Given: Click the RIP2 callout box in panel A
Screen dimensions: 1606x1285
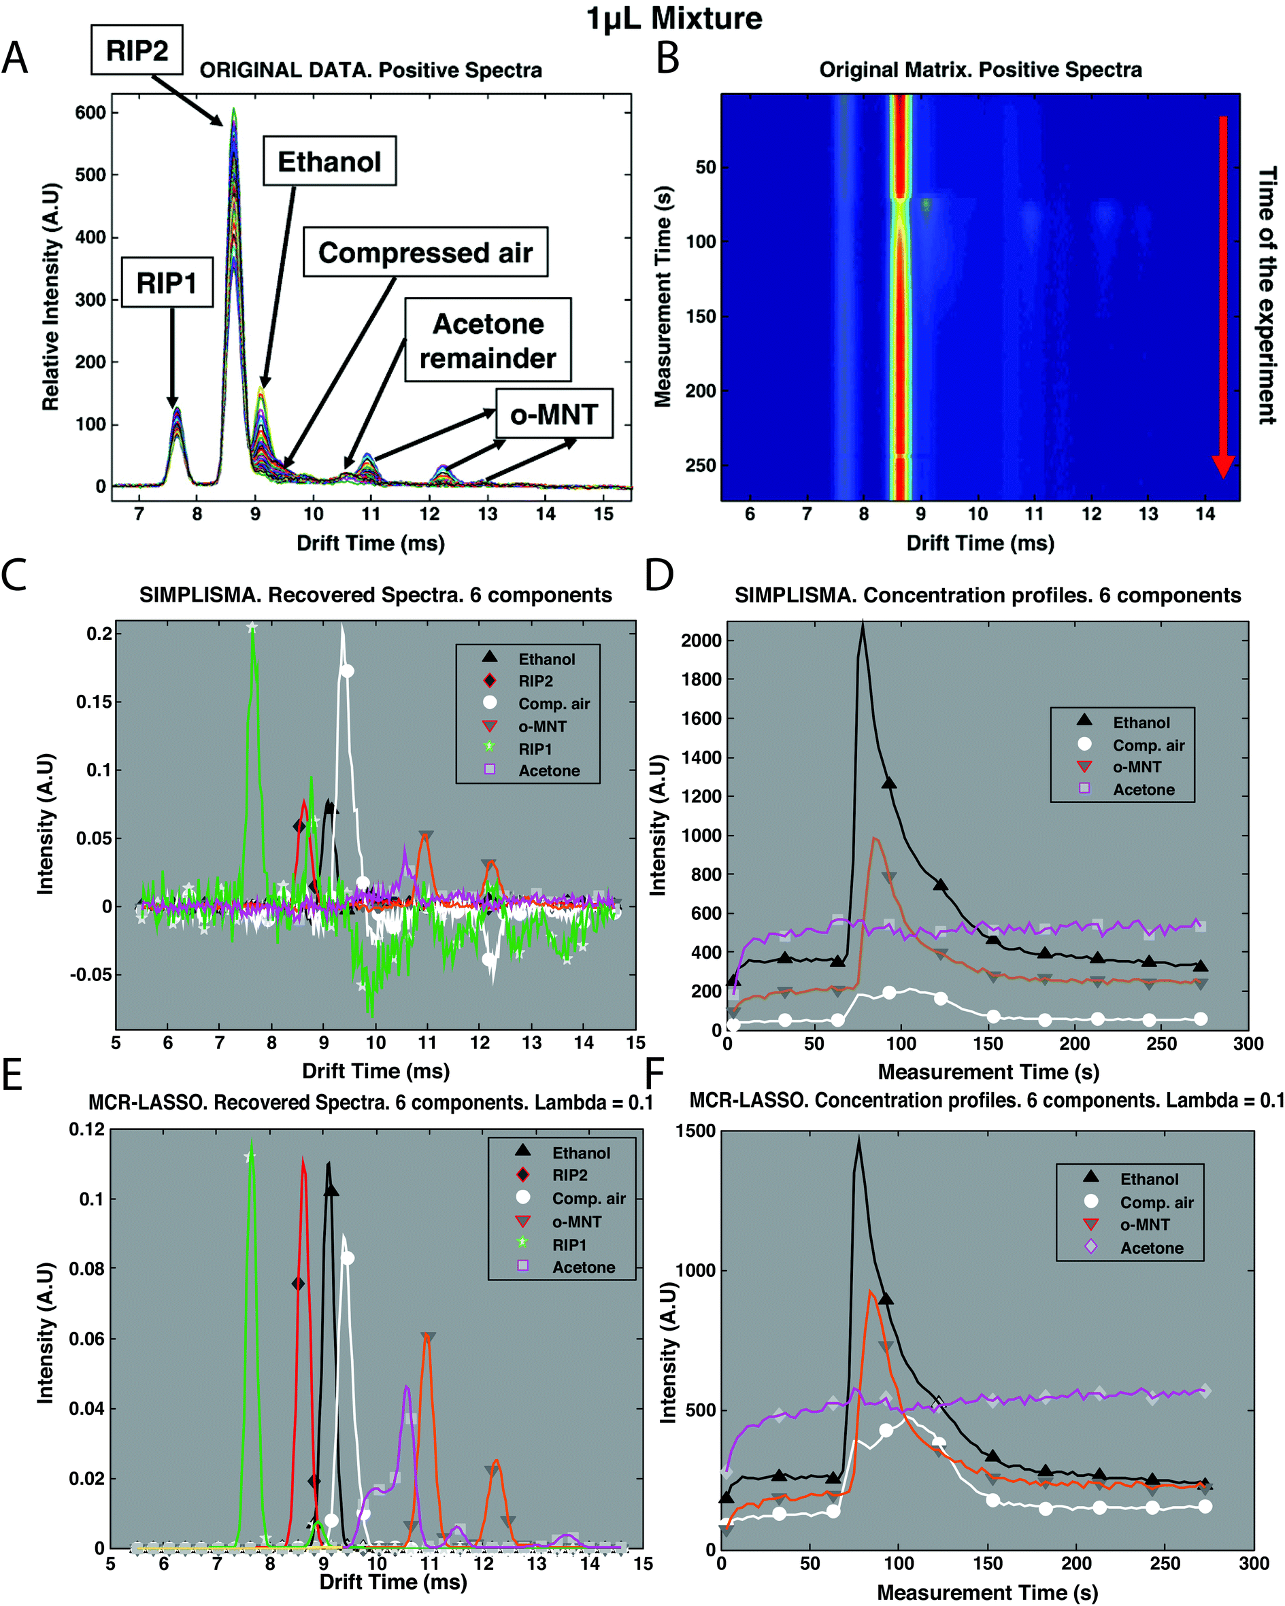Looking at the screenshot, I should coord(137,50).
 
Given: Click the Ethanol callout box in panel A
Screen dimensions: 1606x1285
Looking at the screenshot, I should coord(329,162).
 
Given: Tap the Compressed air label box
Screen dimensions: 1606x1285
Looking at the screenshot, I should coord(425,252).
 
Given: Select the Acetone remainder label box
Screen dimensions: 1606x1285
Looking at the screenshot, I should coord(488,341).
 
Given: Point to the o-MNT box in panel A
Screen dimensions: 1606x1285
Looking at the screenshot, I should coord(554,413).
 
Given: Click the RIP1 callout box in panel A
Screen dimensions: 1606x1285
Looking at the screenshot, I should coord(167,283).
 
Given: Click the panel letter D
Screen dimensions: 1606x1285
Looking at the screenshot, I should coord(659,576).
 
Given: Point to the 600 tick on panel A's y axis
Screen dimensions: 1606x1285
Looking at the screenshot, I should coord(90,112).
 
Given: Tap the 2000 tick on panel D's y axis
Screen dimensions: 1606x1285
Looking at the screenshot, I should coord(701,640).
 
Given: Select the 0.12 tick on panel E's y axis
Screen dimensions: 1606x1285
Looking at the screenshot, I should coord(87,1129).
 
